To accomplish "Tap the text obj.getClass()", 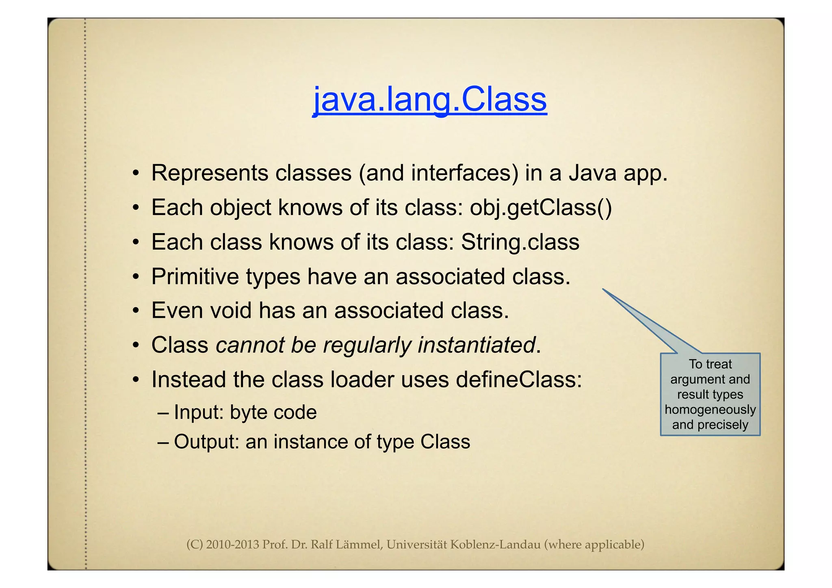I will click(541, 208).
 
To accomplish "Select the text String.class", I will click(520, 242).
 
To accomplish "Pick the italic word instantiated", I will click(477, 345).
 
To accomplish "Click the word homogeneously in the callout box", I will click(710, 410).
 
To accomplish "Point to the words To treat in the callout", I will click(710, 364).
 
